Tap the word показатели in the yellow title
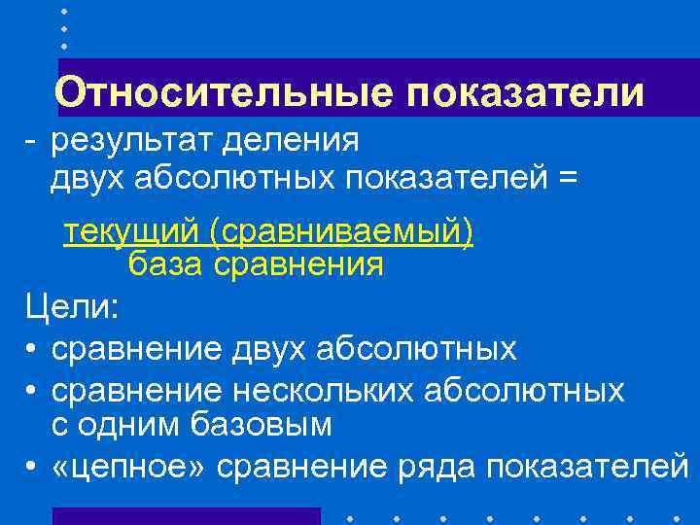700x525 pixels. pyautogui.click(x=526, y=92)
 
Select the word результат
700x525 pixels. pyautogui.click(x=131, y=141)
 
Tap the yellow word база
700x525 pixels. pyautogui.click(x=166, y=263)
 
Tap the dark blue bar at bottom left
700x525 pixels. pyautogui.click(x=185, y=515)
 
